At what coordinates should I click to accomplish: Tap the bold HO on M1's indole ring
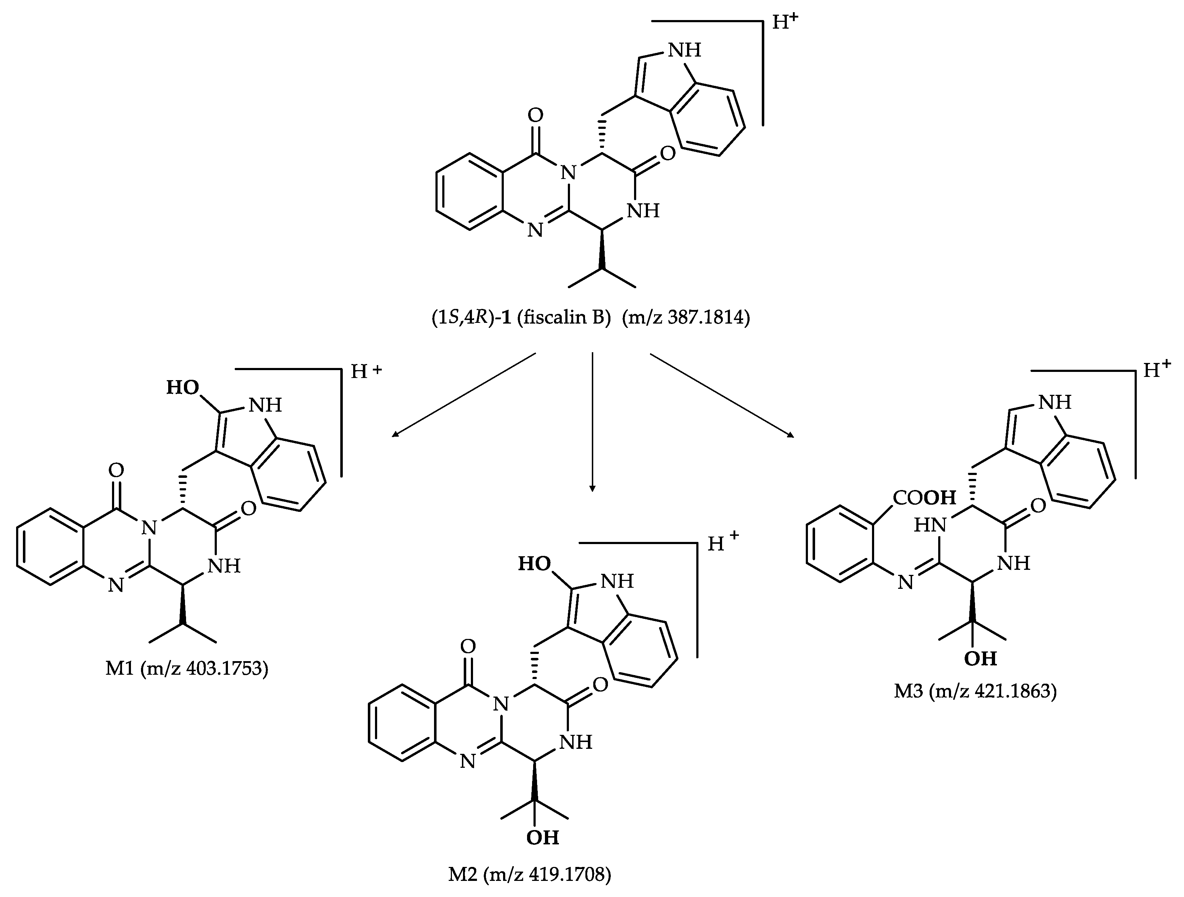click(182, 388)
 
